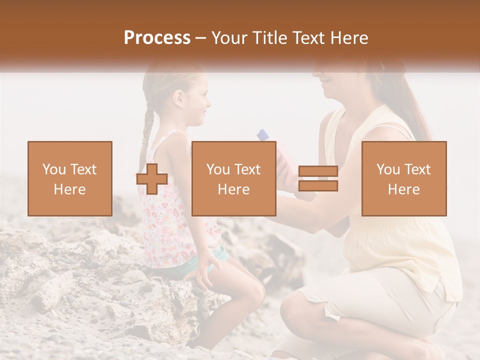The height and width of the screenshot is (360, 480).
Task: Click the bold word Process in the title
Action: [157, 37]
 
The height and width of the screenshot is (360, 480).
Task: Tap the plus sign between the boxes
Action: [152, 179]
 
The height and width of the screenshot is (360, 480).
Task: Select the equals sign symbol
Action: [318, 179]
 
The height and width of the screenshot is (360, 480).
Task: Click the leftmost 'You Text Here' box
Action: [70, 179]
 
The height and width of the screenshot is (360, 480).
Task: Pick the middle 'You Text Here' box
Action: [234, 179]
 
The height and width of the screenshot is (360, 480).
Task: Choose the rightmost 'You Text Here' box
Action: [404, 179]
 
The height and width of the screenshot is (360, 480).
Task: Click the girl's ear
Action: [178, 98]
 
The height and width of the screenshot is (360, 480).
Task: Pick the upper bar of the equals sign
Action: [318, 171]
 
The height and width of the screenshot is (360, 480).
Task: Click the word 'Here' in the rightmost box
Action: [404, 189]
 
